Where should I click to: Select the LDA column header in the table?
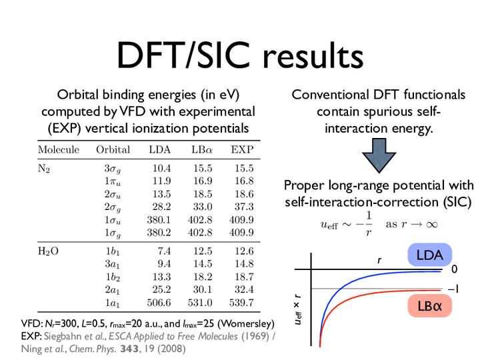click(x=160, y=150)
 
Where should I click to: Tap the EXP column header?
click(x=242, y=150)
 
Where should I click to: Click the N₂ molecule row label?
click(x=44, y=169)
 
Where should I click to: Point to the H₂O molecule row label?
click(x=48, y=251)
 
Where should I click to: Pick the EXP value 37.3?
click(x=244, y=207)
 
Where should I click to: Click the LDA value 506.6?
click(x=159, y=303)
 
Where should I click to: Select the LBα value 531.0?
click(x=200, y=303)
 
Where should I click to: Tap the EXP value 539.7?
click(x=241, y=303)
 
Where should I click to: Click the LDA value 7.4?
click(x=165, y=251)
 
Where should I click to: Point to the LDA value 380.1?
click(x=159, y=220)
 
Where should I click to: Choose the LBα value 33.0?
click(x=203, y=207)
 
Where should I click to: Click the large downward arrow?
click(x=379, y=155)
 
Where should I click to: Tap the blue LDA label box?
click(x=430, y=255)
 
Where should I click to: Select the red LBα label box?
click(x=430, y=305)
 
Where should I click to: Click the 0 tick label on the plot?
click(x=454, y=269)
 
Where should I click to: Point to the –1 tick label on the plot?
click(x=453, y=289)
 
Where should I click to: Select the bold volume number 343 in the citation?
click(x=129, y=349)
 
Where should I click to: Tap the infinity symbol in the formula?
click(x=431, y=225)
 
